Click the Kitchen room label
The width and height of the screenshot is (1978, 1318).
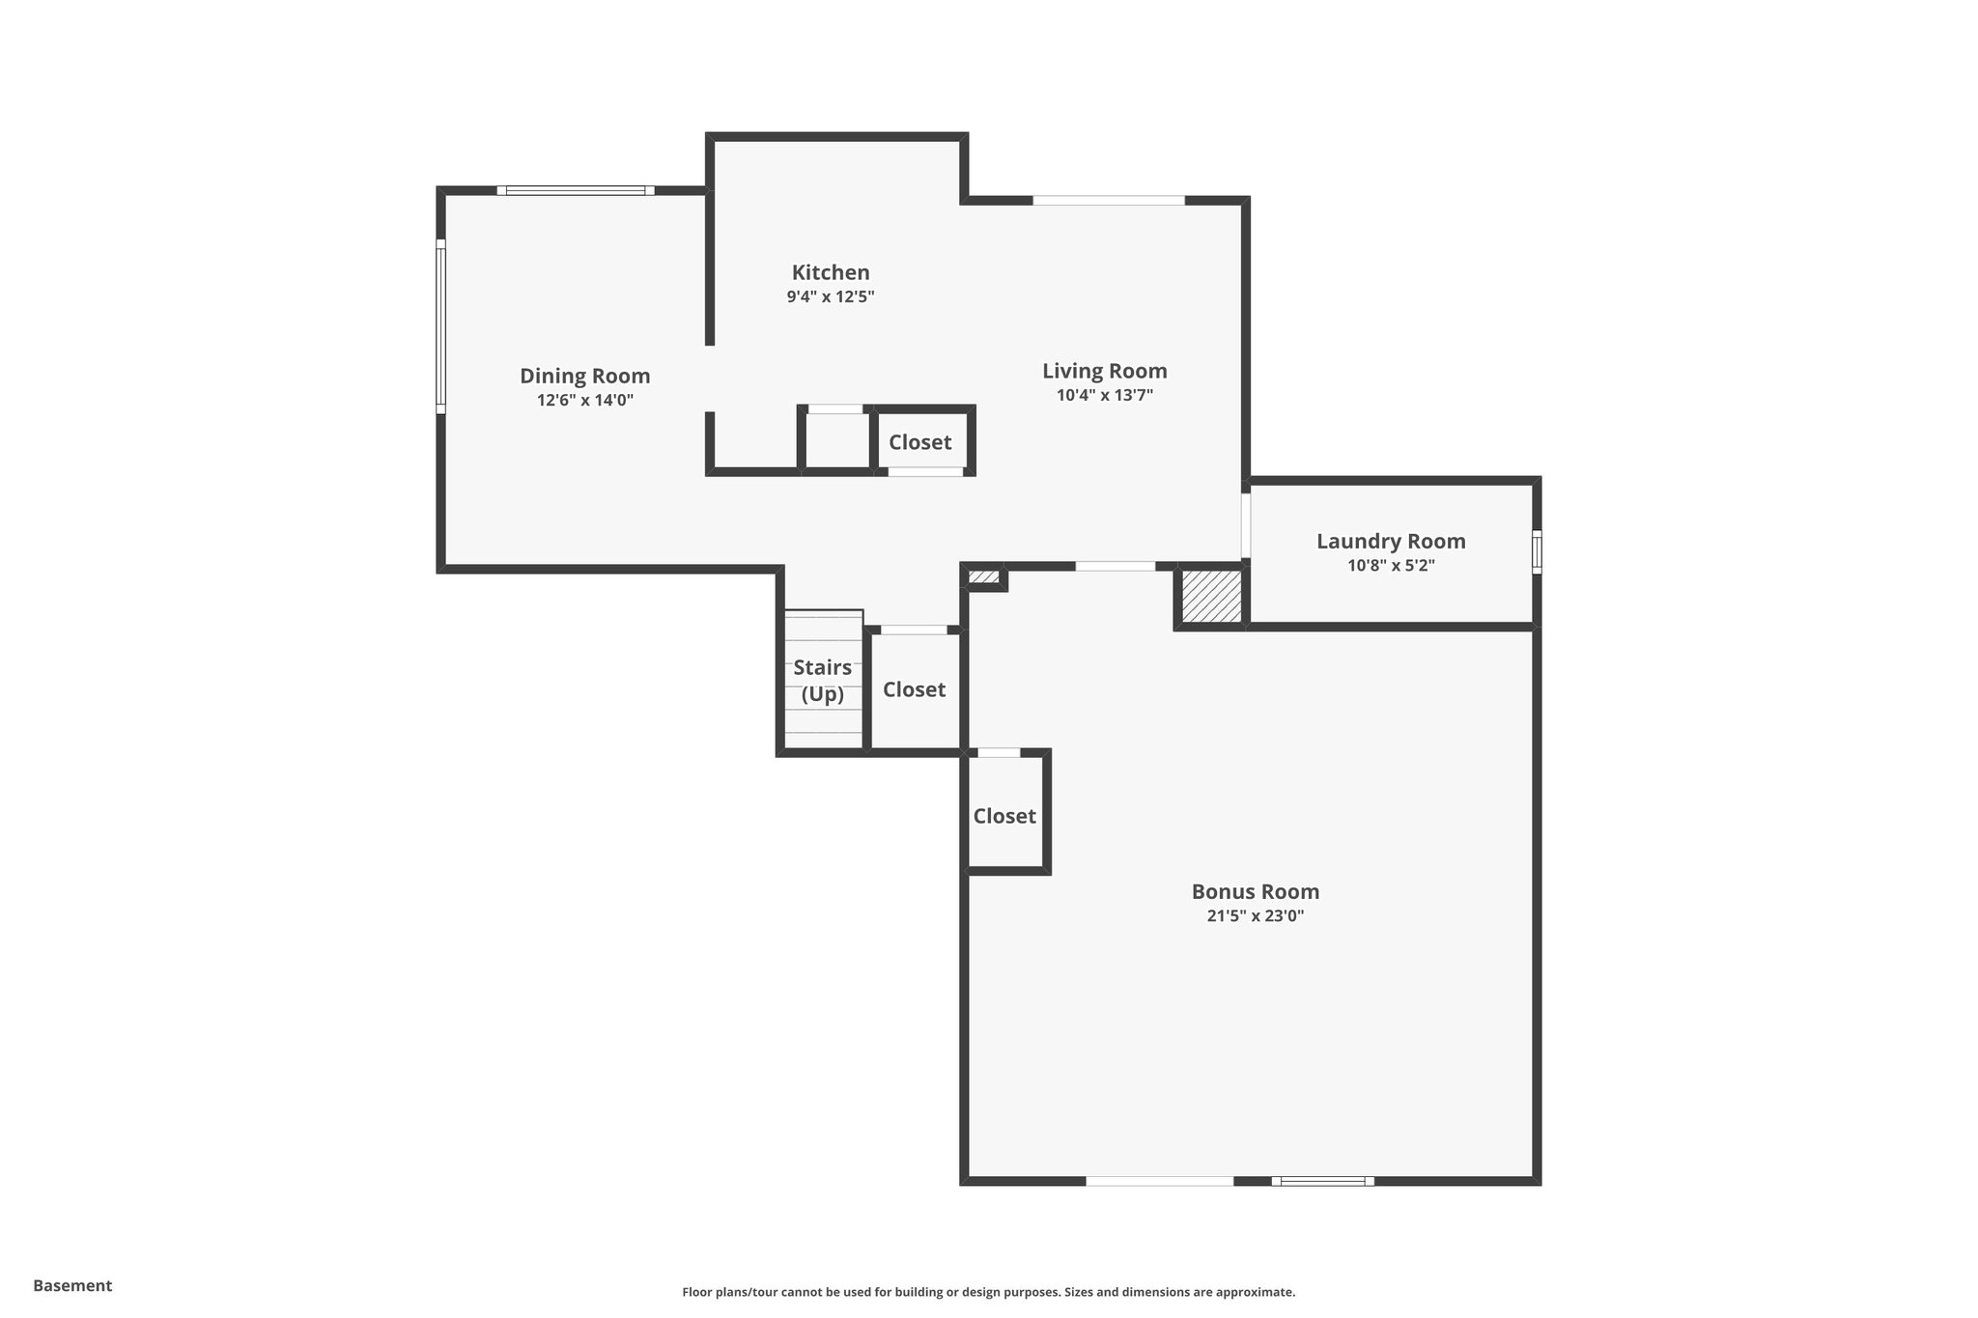(x=831, y=272)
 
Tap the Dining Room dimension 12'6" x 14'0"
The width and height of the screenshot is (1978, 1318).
(x=585, y=400)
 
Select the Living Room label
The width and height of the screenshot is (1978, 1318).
(x=1104, y=371)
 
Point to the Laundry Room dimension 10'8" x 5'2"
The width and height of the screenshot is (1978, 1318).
(x=1391, y=566)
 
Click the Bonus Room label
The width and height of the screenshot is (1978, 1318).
(x=1255, y=891)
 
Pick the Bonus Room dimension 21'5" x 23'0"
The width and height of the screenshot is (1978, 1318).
(x=1255, y=916)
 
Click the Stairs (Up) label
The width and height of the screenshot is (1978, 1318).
(x=823, y=681)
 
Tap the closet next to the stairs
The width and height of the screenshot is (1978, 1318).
(x=914, y=689)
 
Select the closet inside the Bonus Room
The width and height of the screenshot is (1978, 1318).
(x=1004, y=816)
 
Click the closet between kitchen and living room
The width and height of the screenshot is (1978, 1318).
(x=920, y=442)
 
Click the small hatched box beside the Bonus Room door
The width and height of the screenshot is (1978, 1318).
(x=983, y=577)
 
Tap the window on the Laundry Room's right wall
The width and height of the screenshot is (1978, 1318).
(x=1537, y=551)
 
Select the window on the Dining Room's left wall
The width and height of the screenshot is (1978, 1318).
(x=440, y=326)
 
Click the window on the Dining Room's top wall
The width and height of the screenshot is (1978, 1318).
(x=576, y=190)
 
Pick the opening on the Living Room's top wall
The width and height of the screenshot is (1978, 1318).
(x=1109, y=200)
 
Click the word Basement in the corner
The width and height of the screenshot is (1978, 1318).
(x=72, y=1285)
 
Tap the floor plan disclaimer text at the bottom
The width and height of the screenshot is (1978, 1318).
(x=988, y=1292)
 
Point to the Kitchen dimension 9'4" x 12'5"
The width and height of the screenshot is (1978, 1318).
(x=831, y=297)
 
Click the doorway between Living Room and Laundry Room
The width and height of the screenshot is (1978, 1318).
(x=1246, y=525)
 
